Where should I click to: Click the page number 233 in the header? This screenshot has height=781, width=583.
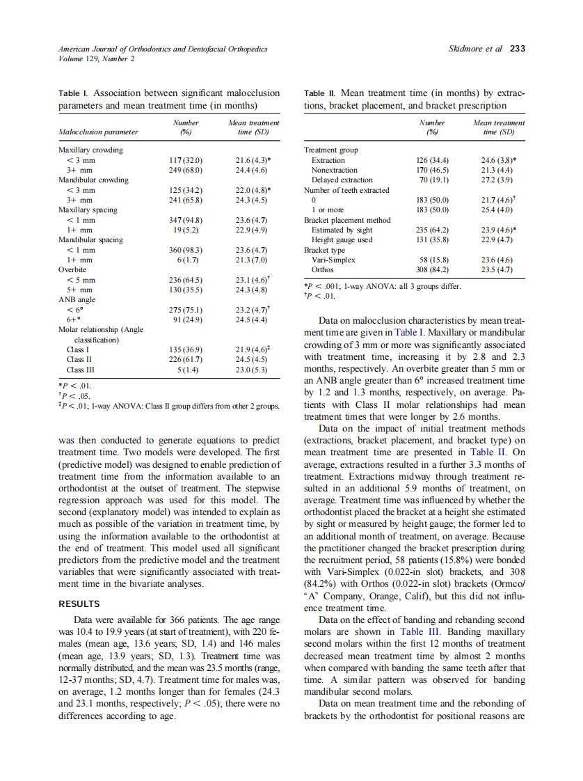[x=518, y=49]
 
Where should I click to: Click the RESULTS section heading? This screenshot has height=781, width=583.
[x=79, y=603]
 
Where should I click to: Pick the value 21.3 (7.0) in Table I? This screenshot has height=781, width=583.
[x=253, y=260]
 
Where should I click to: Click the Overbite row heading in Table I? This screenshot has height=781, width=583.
[x=73, y=269]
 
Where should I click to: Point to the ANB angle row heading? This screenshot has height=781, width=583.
[x=77, y=300]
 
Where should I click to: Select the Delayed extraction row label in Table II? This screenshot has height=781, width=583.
[x=342, y=180]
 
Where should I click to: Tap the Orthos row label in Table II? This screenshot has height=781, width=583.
[x=322, y=269]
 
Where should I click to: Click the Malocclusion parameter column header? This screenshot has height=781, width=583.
[x=98, y=131]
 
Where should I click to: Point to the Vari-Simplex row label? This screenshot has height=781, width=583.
[x=333, y=260]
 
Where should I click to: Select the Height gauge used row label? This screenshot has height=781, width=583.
[x=342, y=239]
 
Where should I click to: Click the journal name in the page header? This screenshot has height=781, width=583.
[x=163, y=49]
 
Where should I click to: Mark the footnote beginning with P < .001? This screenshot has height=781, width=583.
[x=383, y=285]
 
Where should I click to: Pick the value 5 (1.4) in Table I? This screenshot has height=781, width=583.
[x=186, y=370]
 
